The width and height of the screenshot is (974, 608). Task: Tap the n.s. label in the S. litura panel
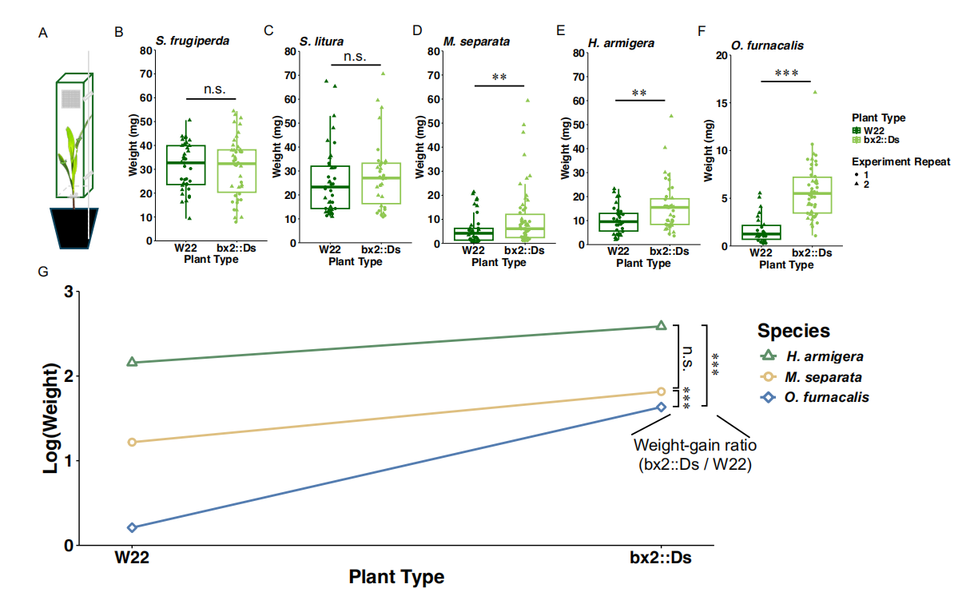354,57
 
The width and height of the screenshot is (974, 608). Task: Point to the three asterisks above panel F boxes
786,73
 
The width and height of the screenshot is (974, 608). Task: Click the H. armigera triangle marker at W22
133,363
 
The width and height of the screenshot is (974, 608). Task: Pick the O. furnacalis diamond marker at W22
133,527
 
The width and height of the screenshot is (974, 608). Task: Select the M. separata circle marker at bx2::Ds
661,391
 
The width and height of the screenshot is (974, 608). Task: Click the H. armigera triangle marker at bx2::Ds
661,325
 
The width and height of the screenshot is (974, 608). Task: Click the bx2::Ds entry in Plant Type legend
878,140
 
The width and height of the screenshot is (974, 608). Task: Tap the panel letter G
43,272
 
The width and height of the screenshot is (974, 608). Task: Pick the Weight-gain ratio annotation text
694,455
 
